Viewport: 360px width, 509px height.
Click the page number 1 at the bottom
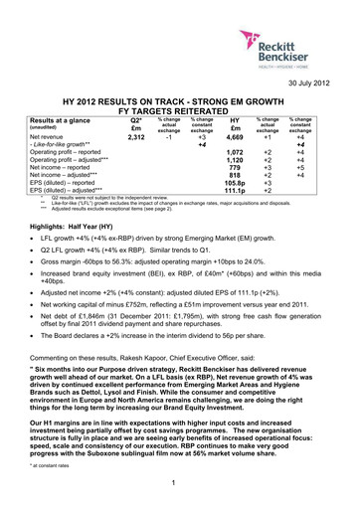coord(180,485)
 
